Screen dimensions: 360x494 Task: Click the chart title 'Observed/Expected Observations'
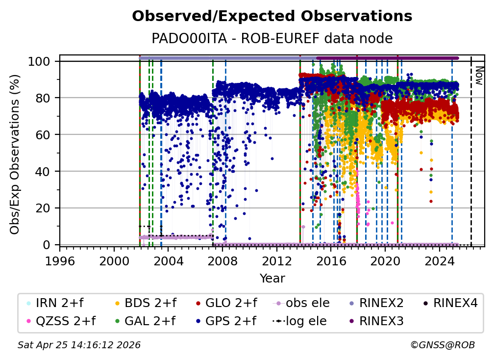click(x=272, y=16)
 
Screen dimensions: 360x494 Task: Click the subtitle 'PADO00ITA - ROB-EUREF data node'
click(x=272, y=38)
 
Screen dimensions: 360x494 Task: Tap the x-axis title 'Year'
click(x=272, y=279)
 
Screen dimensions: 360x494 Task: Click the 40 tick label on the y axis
click(x=44, y=171)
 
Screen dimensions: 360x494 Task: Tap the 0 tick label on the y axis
click(x=47, y=245)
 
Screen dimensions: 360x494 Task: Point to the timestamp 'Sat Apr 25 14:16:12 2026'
click(x=79, y=345)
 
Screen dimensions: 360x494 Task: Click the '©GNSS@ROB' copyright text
click(x=443, y=345)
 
